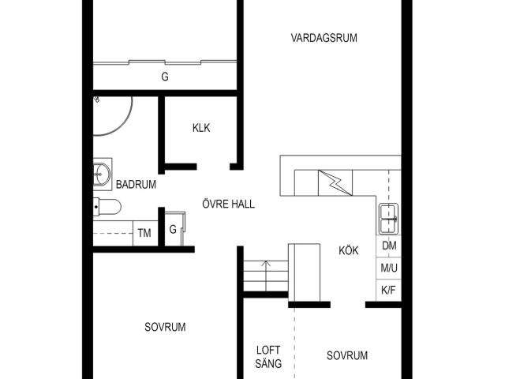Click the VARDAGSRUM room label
click(x=324, y=38)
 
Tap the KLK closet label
click(x=201, y=128)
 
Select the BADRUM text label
click(x=136, y=184)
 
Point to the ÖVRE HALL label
click(x=228, y=204)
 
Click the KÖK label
click(x=349, y=250)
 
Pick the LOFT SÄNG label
click(x=268, y=357)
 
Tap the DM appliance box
click(x=389, y=246)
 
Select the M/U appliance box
click(x=389, y=268)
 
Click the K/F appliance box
click(x=389, y=290)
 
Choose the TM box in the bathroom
click(x=145, y=233)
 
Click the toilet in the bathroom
click(x=107, y=207)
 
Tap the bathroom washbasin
click(x=102, y=174)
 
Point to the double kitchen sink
click(x=388, y=219)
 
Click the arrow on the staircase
click(x=266, y=276)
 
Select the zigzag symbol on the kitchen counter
click(x=335, y=183)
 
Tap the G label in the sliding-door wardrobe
click(x=165, y=77)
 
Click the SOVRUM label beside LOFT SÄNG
click(x=347, y=355)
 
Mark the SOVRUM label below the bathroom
click(x=165, y=327)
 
